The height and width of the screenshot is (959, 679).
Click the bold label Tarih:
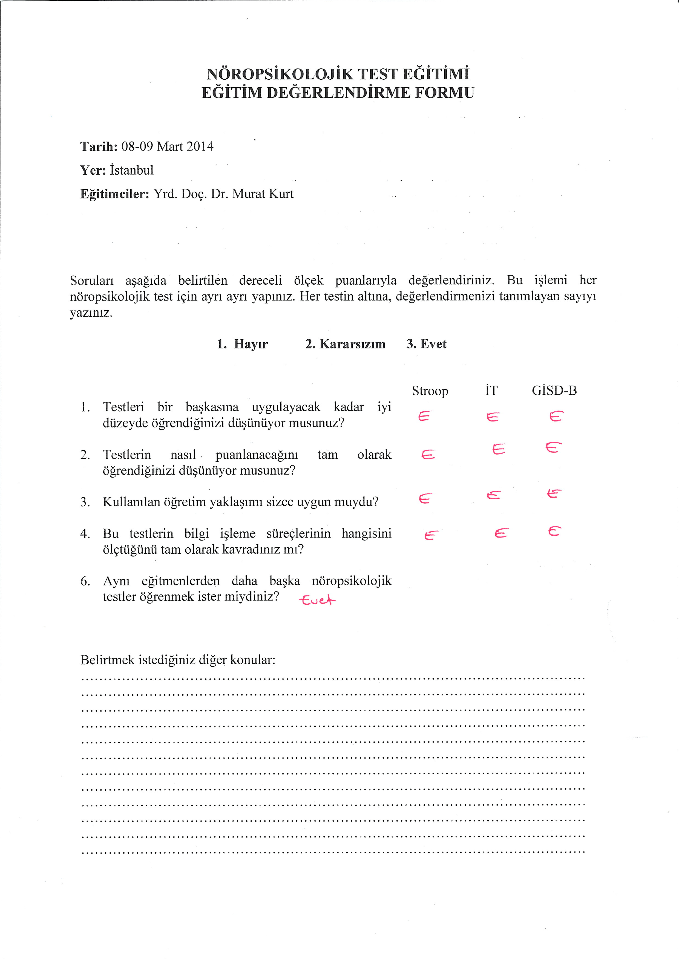click(99, 147)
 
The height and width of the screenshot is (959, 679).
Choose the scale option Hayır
click(251, 344)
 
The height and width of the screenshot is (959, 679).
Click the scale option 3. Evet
click(427, 344)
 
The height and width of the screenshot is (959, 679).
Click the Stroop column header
click(430, 391)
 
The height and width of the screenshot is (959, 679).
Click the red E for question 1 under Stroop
click(424, 416)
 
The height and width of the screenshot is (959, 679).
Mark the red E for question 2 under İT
click(498, 449)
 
